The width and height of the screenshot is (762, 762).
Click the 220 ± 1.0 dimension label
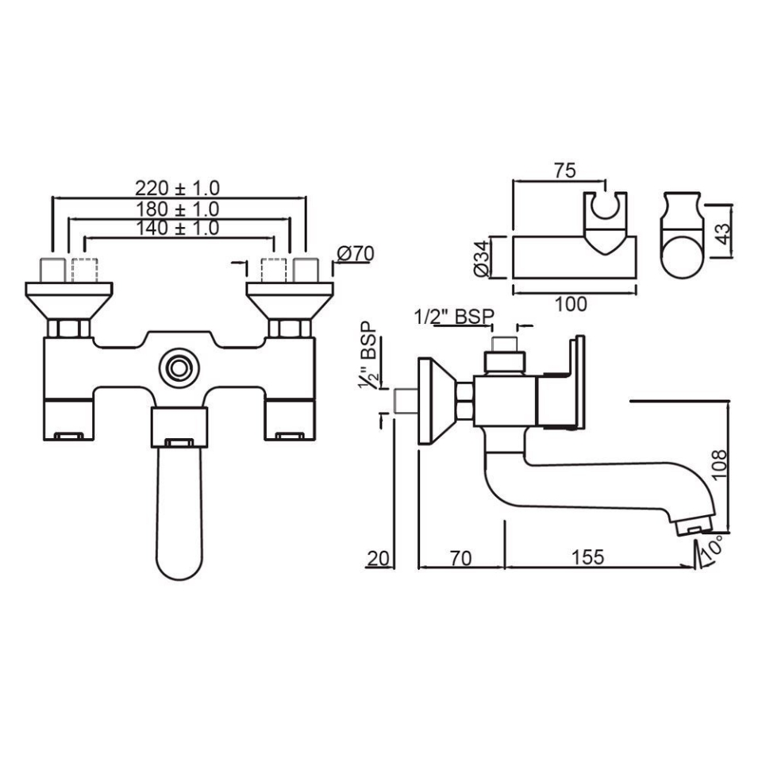pyautogui.click(x=176, y=188)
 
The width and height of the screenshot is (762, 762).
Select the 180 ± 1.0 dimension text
pyautogui.click(x=176, y=209)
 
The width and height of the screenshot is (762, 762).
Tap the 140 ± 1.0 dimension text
pyautogui.click(x=176, y=229)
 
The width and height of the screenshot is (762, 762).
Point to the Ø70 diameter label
pyautogui.click(x=355, y=254)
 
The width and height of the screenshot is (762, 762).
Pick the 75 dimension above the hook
pyautogui.click(x=565, y=170)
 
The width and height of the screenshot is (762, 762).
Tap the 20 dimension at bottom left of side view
pyautogui.click(x=379, y=556)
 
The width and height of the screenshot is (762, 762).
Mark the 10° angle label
pyautogui.click(x=711, y=550)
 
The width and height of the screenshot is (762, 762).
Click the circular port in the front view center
pyautogui.click(x=179, y=368)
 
